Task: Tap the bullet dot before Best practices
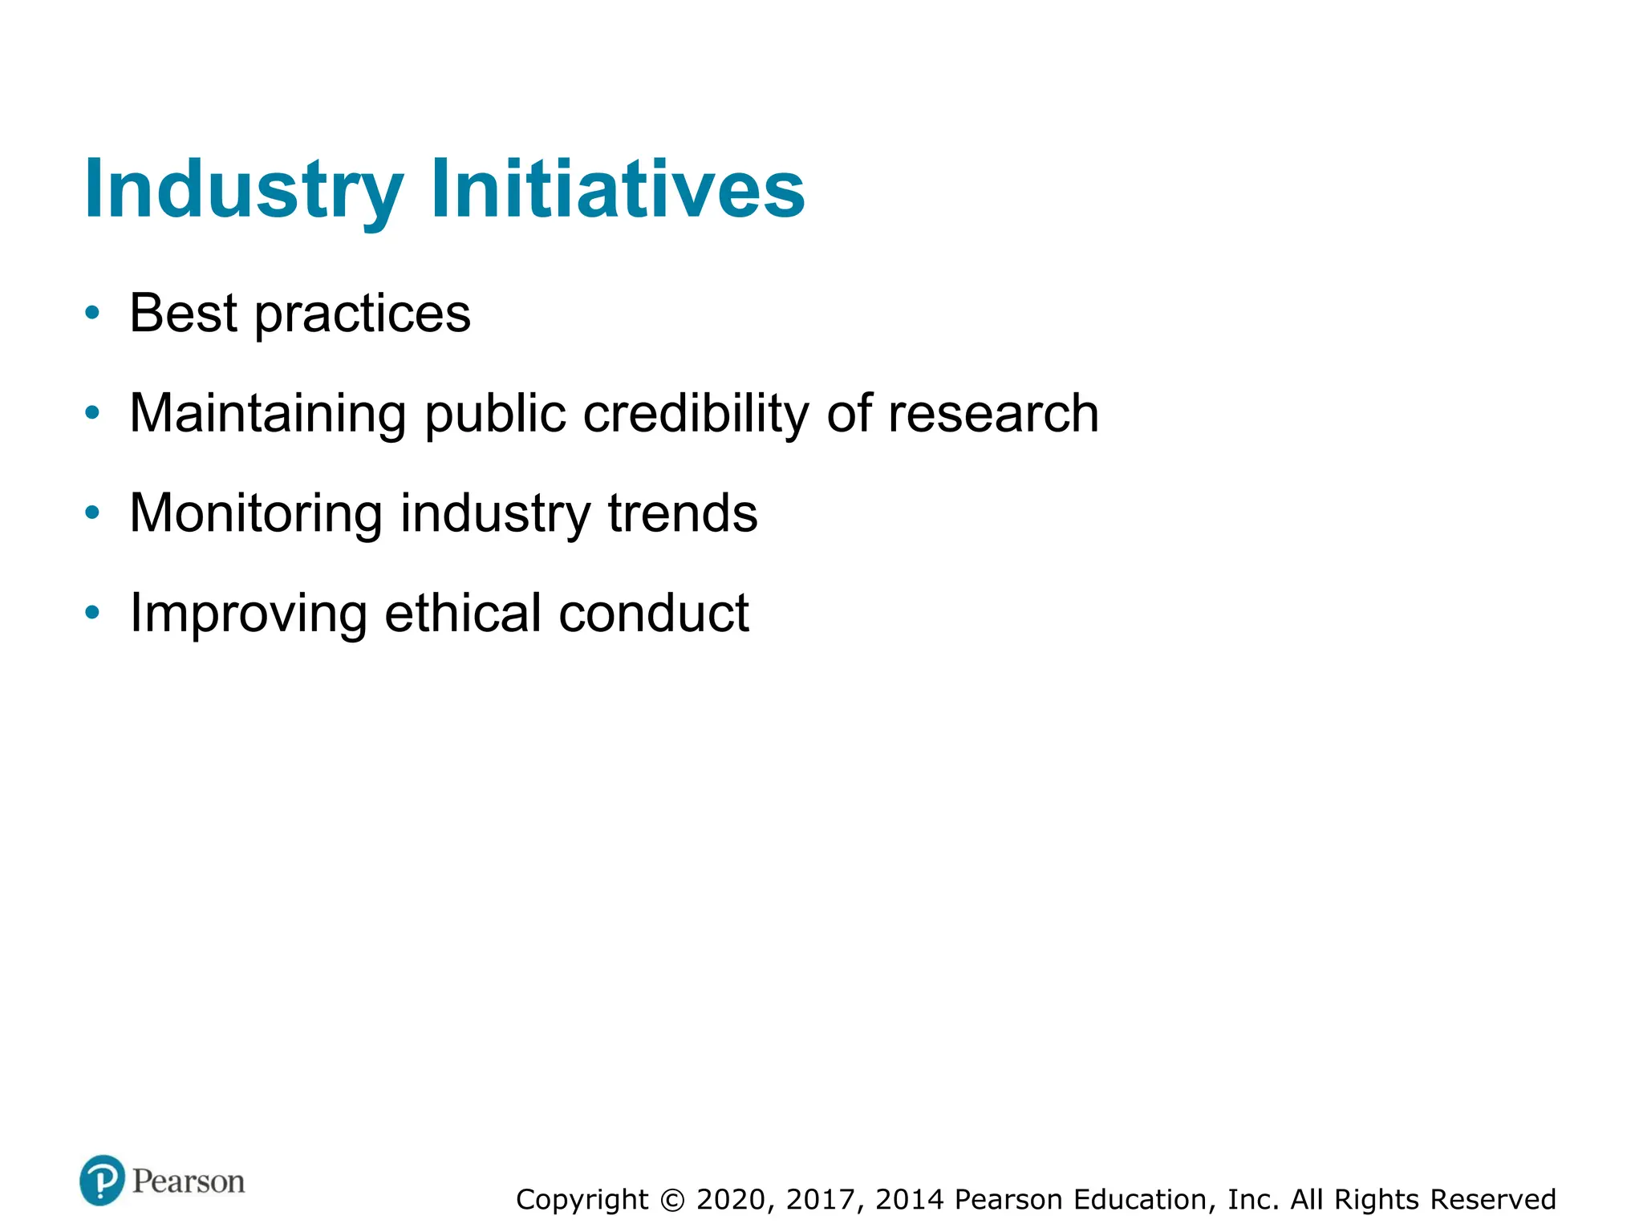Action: point(93,313)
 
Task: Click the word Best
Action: point(183,313)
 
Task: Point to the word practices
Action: point(363,314)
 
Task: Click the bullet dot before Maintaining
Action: point(93,413)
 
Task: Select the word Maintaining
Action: point(268,415)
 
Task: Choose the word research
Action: point(993,414)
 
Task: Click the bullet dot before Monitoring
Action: point(93,513)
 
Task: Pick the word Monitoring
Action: point(256,514)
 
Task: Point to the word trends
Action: point(683,513)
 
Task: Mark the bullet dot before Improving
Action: point(93,613)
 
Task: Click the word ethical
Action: point(463,613)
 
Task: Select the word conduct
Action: point(654,613)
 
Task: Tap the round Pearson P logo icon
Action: point(102,1180)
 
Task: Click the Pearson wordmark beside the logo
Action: point(189,1181)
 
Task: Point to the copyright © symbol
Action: point(672,1200)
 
